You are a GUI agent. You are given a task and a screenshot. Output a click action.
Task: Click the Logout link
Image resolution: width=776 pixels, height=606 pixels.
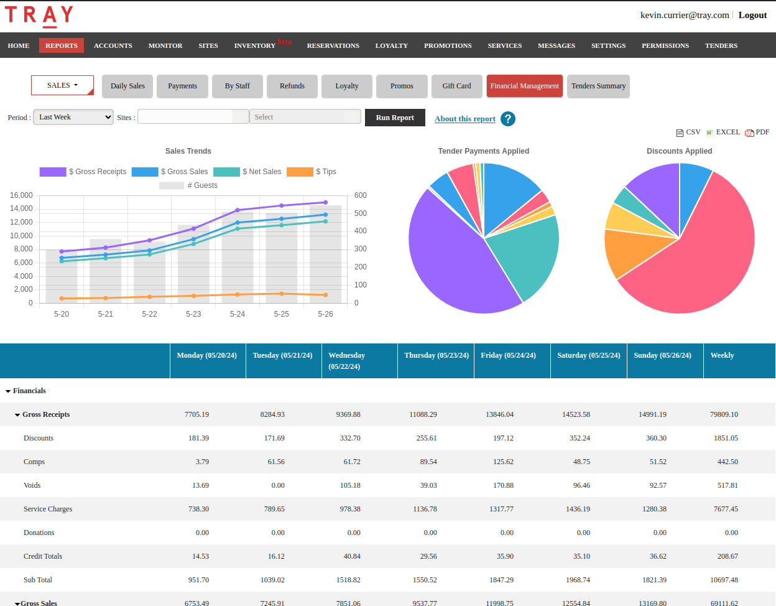coord(752,15)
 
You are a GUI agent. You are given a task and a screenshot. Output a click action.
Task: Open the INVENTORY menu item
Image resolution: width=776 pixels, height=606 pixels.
coord(254,46)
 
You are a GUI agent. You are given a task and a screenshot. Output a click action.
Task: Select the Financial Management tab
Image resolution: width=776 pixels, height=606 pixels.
coord(524,86)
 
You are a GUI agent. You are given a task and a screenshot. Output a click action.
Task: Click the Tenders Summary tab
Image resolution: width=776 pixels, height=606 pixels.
coord(598,86)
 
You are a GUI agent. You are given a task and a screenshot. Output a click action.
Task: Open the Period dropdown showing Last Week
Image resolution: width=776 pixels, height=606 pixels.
coord(73,117)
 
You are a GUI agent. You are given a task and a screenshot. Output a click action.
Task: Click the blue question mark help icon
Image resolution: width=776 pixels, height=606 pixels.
coord(507,119)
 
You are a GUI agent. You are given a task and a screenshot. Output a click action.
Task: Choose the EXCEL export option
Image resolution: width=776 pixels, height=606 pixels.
coord(723,132)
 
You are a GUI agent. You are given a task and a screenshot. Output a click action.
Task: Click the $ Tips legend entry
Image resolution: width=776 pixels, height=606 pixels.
coord(312,172)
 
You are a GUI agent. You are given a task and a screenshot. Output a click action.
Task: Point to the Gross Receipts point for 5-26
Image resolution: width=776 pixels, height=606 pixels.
coord(325,202)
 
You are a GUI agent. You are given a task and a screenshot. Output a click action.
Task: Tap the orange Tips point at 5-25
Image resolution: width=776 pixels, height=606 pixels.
coord(282,294)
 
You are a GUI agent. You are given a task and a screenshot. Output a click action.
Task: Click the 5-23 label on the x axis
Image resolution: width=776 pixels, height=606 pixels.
coord(193,314)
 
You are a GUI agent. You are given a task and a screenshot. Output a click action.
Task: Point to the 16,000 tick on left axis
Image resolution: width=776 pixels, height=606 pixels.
coord(21,195)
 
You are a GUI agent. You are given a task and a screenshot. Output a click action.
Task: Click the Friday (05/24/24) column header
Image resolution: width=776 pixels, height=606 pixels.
coord(508,355)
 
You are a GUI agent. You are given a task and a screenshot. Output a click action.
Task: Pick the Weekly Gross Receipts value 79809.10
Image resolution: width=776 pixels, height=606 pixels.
coord(724,414)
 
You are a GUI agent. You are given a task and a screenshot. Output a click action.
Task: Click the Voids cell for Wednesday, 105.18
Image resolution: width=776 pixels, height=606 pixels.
coord(350,485)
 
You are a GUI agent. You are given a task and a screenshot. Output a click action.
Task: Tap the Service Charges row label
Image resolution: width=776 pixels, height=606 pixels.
coord(48,509)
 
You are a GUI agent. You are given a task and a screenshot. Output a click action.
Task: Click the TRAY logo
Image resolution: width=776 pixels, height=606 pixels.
coord(39,16)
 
